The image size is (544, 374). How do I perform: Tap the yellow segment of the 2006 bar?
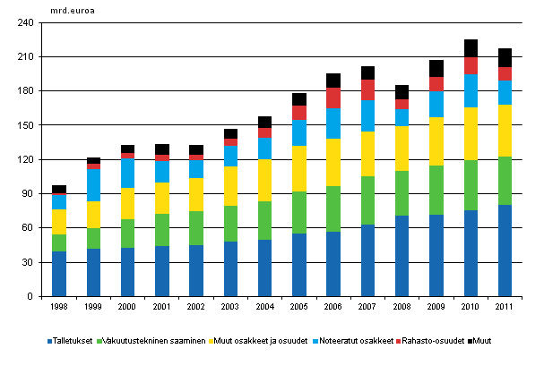[333, 162]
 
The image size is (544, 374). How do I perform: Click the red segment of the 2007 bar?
[367, 89]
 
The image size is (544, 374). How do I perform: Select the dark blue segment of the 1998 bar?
[59, 274]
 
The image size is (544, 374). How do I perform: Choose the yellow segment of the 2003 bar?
[231, 186]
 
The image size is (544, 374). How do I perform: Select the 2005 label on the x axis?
[299, 308]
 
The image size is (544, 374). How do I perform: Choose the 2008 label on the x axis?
[402, 308]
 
